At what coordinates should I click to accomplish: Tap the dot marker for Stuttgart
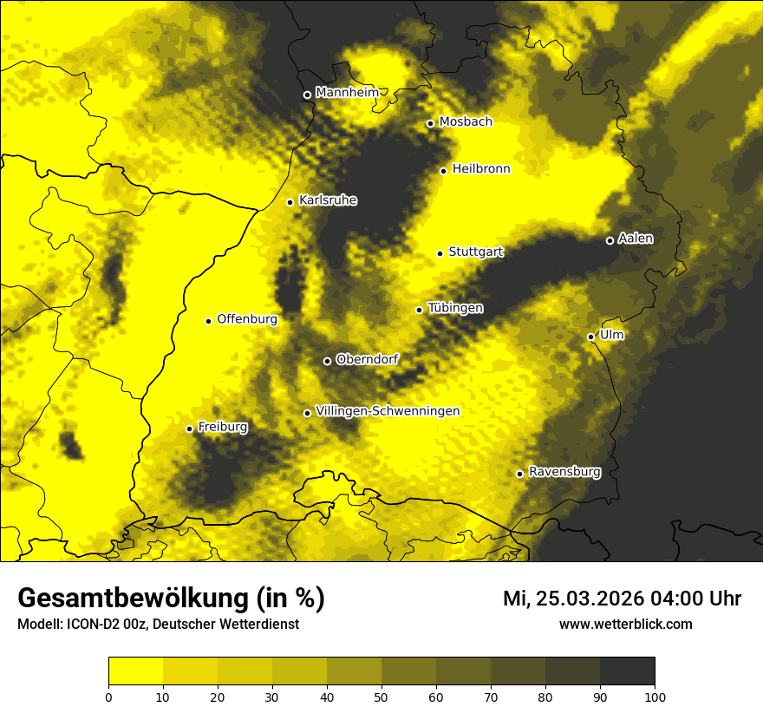440,253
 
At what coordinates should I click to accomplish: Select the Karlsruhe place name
327,200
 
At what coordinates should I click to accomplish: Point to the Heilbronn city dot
443,171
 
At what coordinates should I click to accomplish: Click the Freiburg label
222,427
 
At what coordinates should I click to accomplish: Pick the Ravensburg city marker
519,474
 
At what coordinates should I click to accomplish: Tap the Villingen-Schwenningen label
388,411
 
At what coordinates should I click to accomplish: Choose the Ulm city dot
590,337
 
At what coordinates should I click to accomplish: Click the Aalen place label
635,239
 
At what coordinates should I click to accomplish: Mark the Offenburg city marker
208,321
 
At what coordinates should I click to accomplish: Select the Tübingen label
455,308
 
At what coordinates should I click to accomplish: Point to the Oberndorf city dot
327,361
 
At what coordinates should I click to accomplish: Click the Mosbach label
466,122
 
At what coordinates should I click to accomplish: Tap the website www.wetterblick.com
625,625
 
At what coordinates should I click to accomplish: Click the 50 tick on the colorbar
381,696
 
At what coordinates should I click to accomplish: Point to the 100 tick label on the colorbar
655,696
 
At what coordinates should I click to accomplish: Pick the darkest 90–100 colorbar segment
627,671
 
